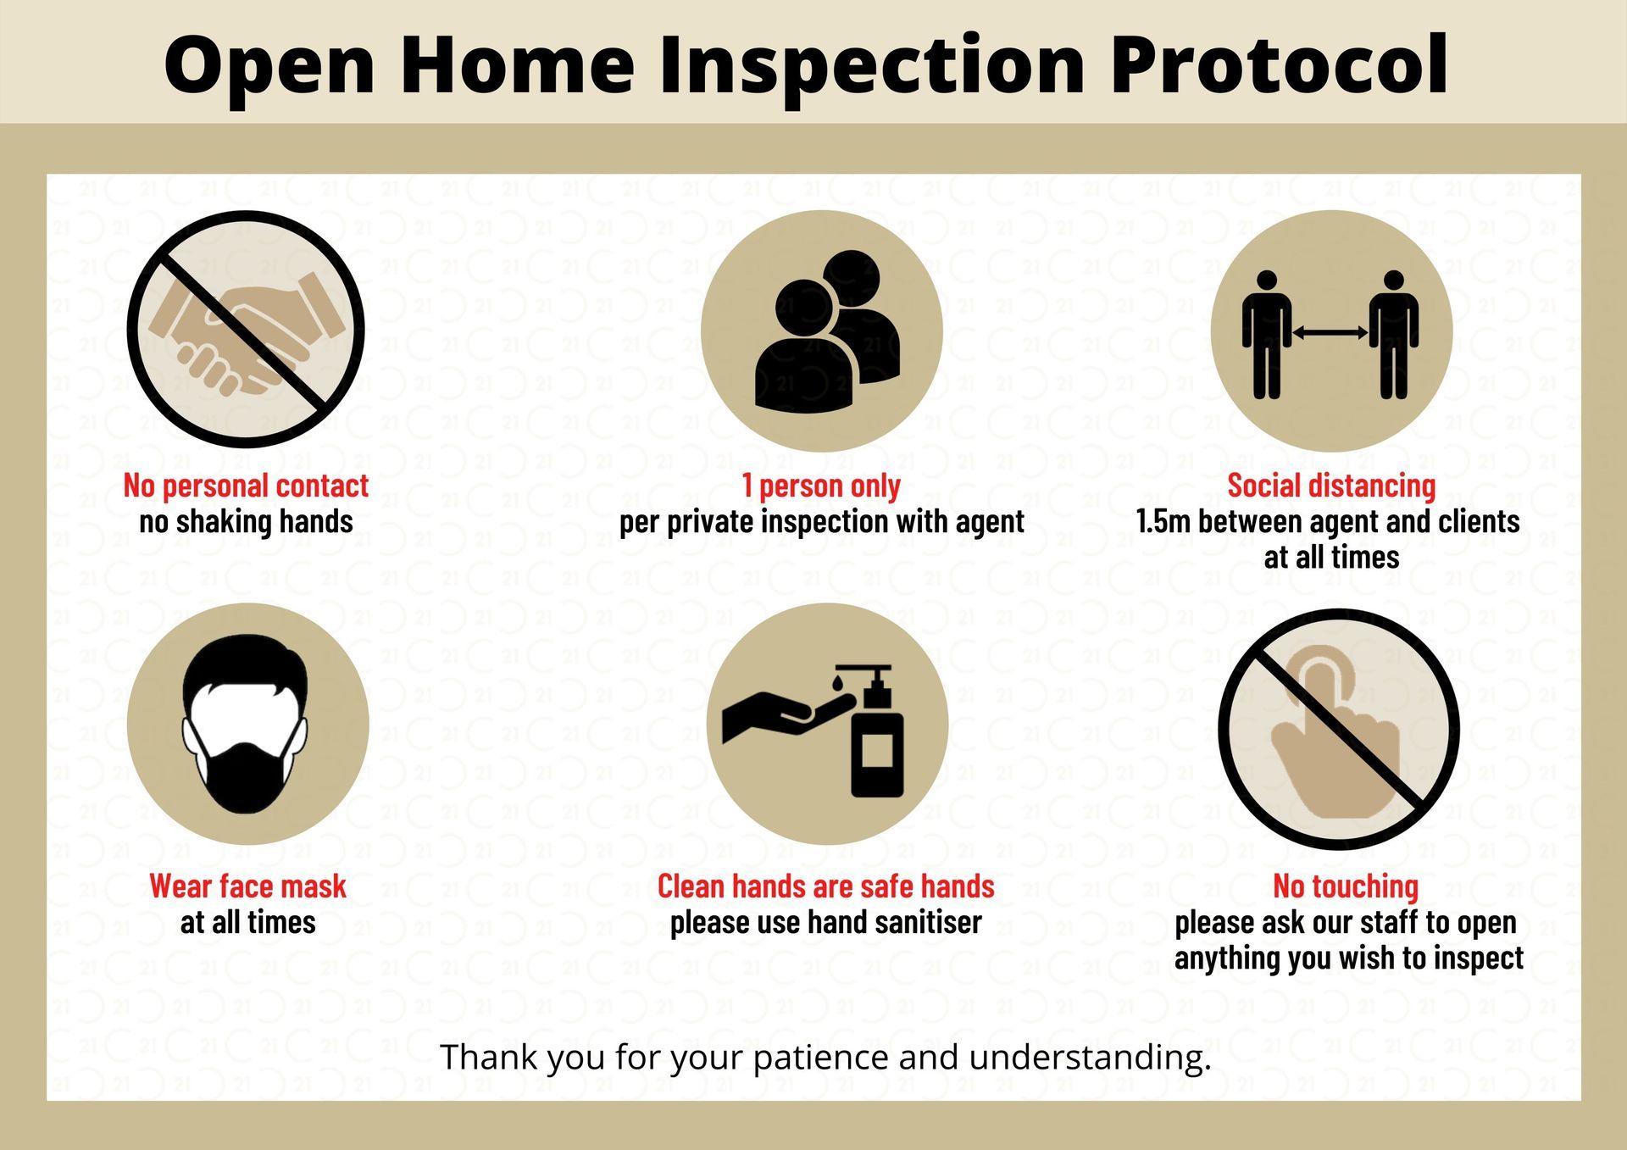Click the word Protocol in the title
pyautogui.click(x=1280, y=66)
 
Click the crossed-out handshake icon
pyautogui.click(x=246, y=329)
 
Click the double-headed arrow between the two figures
pyautogui.click(x=1330, y=333)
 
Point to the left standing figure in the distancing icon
pyautogui.click(x=1267, y=334)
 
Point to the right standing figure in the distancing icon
pyautogui.click(x=1394, y=334)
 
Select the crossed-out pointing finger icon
pyautogui.click(x=1339, y=729)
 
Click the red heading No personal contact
pyautogui.click(x=246, y=486)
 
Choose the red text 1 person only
pyautogui.click(x=821, y=486)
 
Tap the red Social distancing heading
pyautogui.click(x=1331, y=486)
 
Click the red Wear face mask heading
pyautogui.click(x=247, y=886)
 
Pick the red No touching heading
pyautogui.click(x=1346, y=886)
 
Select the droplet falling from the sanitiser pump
pyautogui.click(x=837, y=680)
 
